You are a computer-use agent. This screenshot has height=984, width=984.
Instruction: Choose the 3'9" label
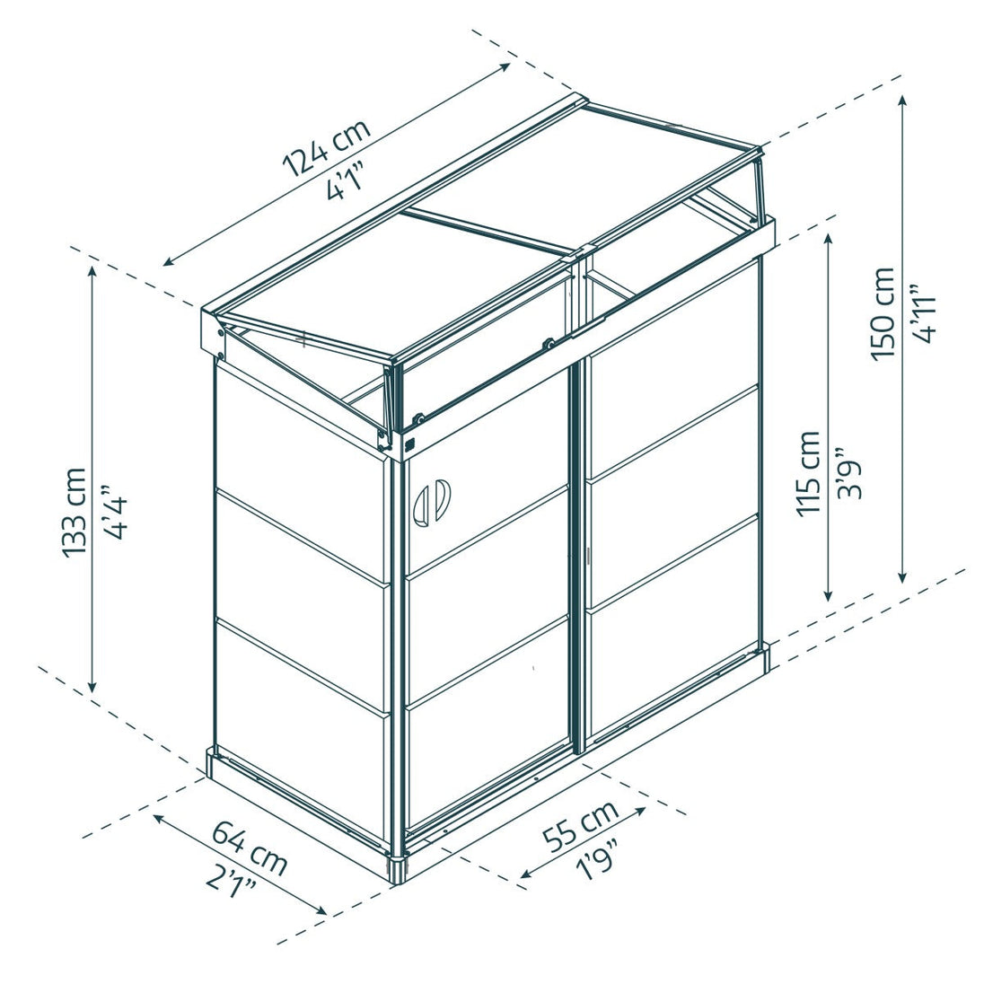(849, 473)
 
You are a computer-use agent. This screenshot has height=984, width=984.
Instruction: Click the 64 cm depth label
(249, 848)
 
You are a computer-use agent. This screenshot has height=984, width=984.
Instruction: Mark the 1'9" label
(597, 858)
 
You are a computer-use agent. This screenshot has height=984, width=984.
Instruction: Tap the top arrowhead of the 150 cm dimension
(903, 101)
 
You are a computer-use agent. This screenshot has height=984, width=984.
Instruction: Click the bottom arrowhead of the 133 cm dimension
(92, 686)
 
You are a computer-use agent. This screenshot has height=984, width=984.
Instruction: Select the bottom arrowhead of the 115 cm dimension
(830, 593)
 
